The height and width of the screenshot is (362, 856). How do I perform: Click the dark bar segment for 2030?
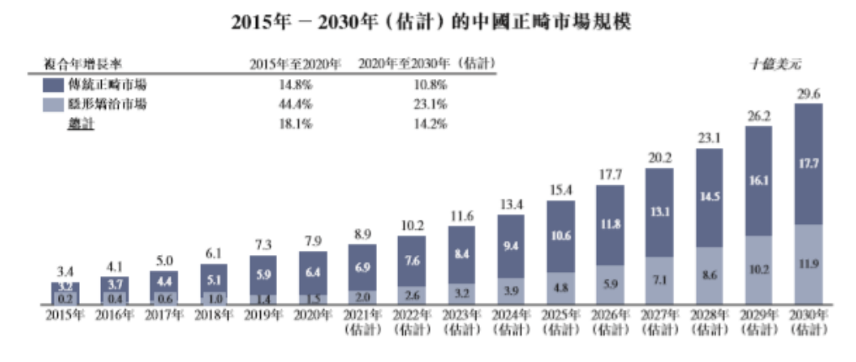point(808,164)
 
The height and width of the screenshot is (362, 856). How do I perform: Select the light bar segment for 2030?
point(808,264)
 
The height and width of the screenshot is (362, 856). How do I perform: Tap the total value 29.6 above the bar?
point(808,94)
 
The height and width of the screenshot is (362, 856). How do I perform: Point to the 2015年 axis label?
point(66,314)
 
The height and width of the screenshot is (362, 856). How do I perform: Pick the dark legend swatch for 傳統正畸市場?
point(52,85)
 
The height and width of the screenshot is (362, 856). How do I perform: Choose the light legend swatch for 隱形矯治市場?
point(52,104)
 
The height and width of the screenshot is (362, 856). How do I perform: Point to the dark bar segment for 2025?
point(560,236)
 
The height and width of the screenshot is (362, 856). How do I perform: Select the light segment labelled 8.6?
point(710,274)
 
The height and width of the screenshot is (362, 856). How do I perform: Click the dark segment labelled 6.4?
point(314,272)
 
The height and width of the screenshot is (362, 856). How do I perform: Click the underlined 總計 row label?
point(81,124)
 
